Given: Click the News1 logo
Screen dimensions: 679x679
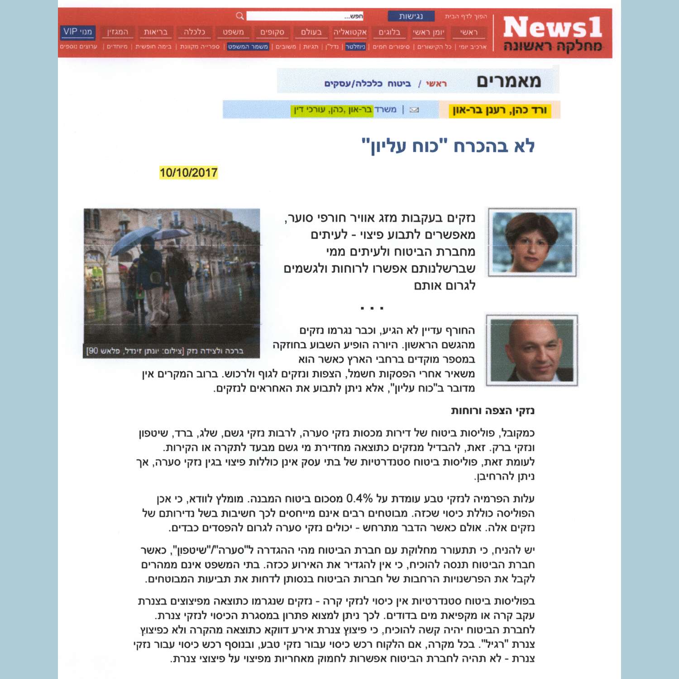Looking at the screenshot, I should (552, 33).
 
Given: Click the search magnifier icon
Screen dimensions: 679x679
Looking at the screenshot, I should (240, 16).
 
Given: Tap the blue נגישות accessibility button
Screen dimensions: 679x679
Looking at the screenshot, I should (411, 16).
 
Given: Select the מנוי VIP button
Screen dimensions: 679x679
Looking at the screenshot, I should (77, 32).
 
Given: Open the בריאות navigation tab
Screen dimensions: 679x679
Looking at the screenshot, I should (155, 32).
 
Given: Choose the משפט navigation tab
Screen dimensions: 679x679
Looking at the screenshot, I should (233, 32).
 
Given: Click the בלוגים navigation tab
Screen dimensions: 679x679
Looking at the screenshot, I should (389, 32).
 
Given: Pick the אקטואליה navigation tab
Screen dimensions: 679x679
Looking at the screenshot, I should (350, 32).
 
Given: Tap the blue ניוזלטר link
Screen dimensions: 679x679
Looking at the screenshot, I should (355, 47).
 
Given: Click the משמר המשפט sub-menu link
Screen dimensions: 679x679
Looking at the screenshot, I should (248, 47).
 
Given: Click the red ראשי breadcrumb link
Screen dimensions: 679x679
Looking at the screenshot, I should (436, 84).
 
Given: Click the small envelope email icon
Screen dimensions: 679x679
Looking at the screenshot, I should (414, 110).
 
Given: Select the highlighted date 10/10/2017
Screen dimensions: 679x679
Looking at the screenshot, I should (188, 172).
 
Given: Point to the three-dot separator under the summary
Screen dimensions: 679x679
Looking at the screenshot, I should (372, 308).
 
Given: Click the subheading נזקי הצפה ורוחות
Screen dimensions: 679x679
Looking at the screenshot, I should (493, 411).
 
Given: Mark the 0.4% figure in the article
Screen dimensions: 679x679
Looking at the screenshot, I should (359, 499).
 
